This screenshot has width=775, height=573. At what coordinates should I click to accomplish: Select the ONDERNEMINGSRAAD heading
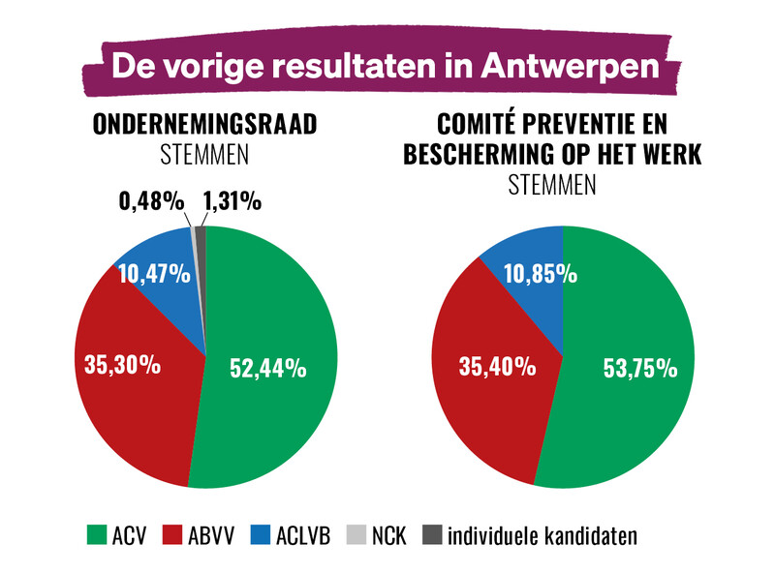205,127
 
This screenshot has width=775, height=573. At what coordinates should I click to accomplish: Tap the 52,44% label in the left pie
267,368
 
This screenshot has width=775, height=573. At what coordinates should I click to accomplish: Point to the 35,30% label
113,365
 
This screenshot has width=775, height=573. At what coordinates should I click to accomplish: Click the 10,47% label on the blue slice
154,274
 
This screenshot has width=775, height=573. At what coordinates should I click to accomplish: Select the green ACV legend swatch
97,533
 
